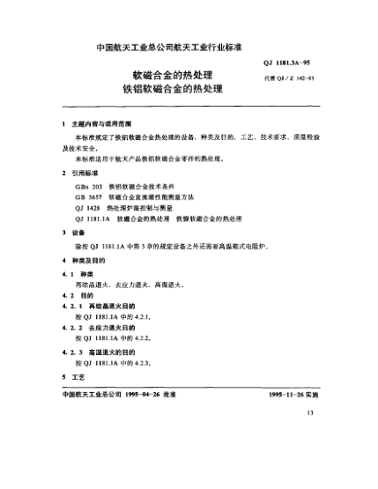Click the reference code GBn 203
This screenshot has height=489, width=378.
[90, 189]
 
